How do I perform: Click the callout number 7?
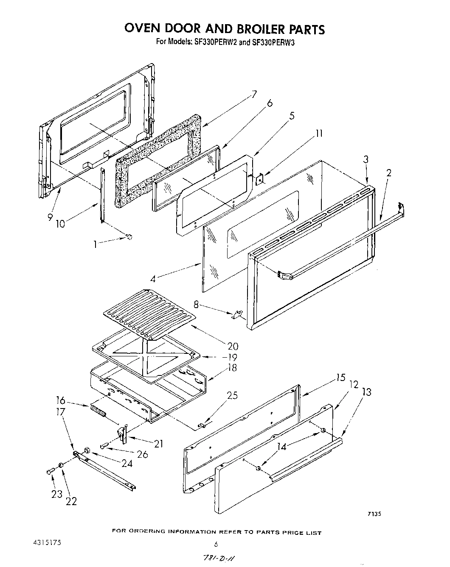tap(254, 94)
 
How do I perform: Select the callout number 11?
tap(319, 134)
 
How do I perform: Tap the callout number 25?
tap(232, 396)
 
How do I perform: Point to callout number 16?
tap(61, 400)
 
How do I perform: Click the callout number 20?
tap(233, 346)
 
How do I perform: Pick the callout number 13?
tap(366, 392)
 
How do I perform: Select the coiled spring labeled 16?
tap(98, 411)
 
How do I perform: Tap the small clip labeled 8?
tap(237, 314)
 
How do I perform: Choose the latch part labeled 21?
tap(123, 434)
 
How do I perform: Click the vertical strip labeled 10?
tap(102, 195)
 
